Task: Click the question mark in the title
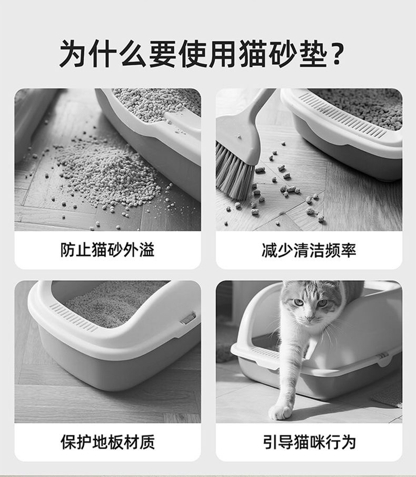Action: (336, 54)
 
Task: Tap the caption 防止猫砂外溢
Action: (107, 250)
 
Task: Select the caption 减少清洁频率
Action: (309, 250)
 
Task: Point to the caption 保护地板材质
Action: (107, 442)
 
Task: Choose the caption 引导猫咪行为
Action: (309, 442)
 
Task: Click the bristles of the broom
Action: (234, 172)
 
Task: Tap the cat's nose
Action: (310, 319)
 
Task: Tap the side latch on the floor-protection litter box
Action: (188, 318)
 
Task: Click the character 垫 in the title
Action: (313, 54)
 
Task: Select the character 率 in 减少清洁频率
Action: (348, 250)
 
